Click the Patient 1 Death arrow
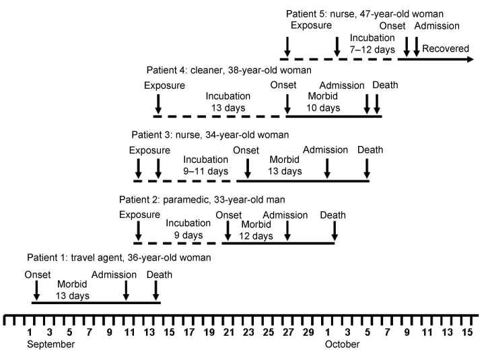pos(156,290)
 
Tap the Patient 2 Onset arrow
pos(228,231)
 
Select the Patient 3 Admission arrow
pos(327,168)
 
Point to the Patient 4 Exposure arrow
pos(158,104)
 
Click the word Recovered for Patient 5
pos(446,48)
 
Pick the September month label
pos(51,345)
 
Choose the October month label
pos(342,345)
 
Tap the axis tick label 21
pos(229,332)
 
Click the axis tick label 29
pos(308,332)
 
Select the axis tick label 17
pos(189,332)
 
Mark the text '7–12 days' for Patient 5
pos(372,50)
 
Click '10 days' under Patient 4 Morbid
pos(323,108)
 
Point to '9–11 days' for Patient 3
pos(205,171)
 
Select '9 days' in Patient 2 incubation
pos(188,235)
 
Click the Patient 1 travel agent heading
pos(119,258)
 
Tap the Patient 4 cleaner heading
pos(229,71)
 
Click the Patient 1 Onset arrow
pos(36,290)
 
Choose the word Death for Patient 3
pos(370,150)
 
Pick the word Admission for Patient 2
pos(285,215)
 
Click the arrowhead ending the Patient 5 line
pos(471,59)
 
